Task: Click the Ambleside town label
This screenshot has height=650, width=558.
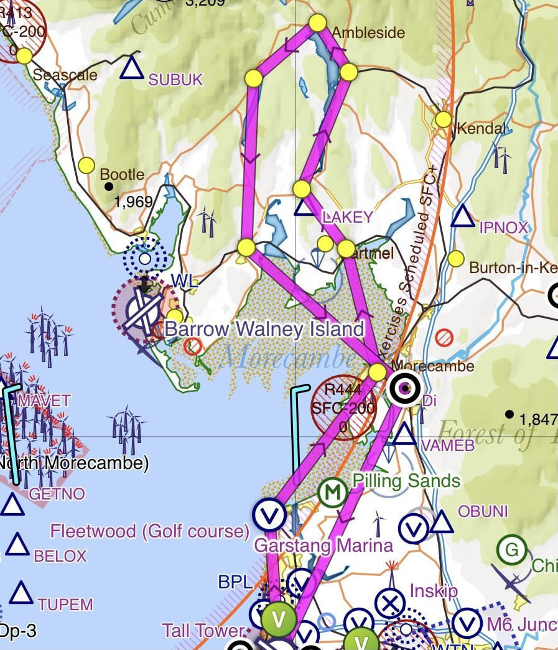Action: [368, 33]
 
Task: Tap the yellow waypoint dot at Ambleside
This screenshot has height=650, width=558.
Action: [317, 23]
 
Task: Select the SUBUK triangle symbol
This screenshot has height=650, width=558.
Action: [131, 68]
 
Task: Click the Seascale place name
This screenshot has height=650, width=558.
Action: [65, 75]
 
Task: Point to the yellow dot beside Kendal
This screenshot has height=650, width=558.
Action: [443, 119]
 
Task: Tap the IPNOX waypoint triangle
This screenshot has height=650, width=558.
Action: [462, 217]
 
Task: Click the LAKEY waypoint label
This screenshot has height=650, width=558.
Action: [347, 217]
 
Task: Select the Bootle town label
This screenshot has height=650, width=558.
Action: [122, 175]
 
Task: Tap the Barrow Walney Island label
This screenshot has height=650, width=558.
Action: [264, 328]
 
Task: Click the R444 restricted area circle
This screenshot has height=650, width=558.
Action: [343, 408]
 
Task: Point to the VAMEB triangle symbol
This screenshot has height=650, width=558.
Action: [404, 435]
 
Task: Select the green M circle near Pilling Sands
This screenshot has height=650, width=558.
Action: [332, 493]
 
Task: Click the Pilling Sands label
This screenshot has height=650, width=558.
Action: [406, 481]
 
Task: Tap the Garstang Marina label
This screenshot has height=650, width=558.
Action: [324, 546]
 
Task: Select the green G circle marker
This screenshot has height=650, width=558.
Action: [511, 550]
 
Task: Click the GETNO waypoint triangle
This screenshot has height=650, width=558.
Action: [12, 505]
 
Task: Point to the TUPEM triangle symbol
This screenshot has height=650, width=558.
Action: [21, 593]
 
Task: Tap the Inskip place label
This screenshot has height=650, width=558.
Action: [434, 590]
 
